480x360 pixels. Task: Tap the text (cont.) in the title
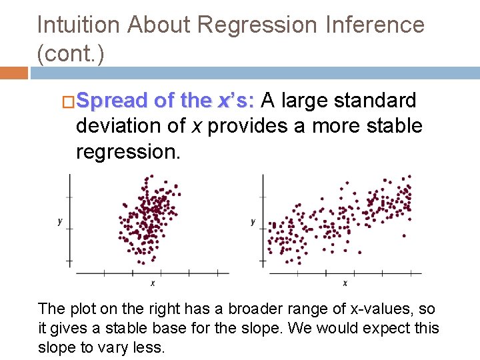[71, 54]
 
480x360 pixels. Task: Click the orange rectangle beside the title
[13, 72]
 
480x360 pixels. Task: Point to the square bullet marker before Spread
[67, 101]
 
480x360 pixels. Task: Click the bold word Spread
[113, 101]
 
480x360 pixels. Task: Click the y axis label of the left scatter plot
[60, 221]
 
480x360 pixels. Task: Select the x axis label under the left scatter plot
[153, 283]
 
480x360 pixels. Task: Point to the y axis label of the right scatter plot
[253, 221]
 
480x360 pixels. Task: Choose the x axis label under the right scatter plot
[345, 283]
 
